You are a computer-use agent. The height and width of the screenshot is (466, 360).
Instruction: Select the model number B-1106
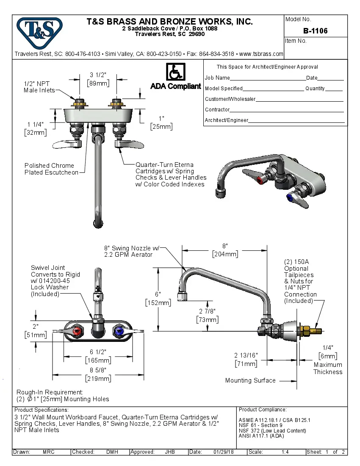click(x=315, y=31)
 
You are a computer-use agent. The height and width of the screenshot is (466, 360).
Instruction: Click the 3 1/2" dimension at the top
click(x=98, y=75)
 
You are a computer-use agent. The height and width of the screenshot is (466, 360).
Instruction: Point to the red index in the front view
click(x=77, y=331)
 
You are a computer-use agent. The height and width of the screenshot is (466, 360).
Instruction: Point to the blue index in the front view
click(x=119, y=331)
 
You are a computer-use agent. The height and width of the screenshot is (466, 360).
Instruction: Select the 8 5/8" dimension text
click(x=98, y=370)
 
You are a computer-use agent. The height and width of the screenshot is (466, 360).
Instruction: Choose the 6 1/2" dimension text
click(x=98, y=352)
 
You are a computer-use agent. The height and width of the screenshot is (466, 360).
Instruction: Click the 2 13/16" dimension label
click(x=246, y=355)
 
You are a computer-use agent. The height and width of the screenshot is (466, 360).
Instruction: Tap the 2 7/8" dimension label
click(x=208, y=311)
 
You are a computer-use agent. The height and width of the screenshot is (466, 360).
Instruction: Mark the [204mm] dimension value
click(x=225, y=254)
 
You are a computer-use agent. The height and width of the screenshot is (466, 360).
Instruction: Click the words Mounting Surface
click(x=250, y=380)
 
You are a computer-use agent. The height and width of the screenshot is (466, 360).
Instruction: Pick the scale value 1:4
click(x=285, y=452)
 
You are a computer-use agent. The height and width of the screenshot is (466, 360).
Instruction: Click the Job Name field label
click(x=217, y=78)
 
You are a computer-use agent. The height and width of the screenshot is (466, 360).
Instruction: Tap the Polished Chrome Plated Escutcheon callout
click(x=51, y=169)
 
